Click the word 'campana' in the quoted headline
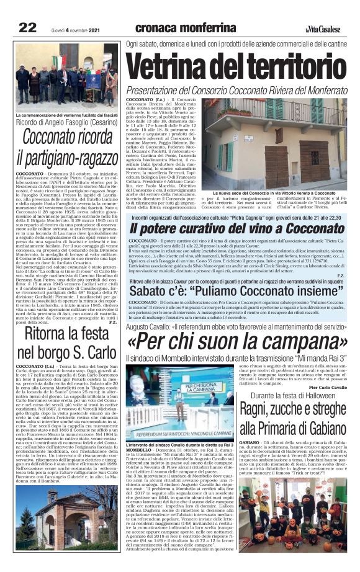coord(296,341)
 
